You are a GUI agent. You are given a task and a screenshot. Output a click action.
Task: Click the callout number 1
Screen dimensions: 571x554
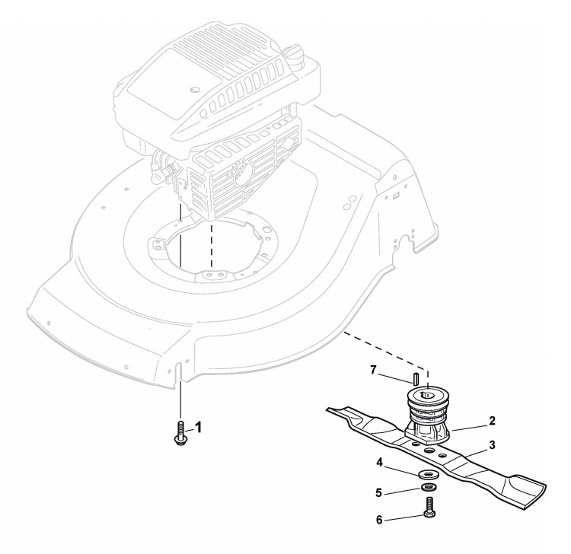(199, 428)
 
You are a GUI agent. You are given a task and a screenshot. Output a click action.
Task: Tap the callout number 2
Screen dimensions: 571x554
(493, 420)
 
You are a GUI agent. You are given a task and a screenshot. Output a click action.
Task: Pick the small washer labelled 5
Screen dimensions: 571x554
(430, 488)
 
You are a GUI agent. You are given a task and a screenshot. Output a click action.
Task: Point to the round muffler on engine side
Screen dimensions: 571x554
(241, 174)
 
